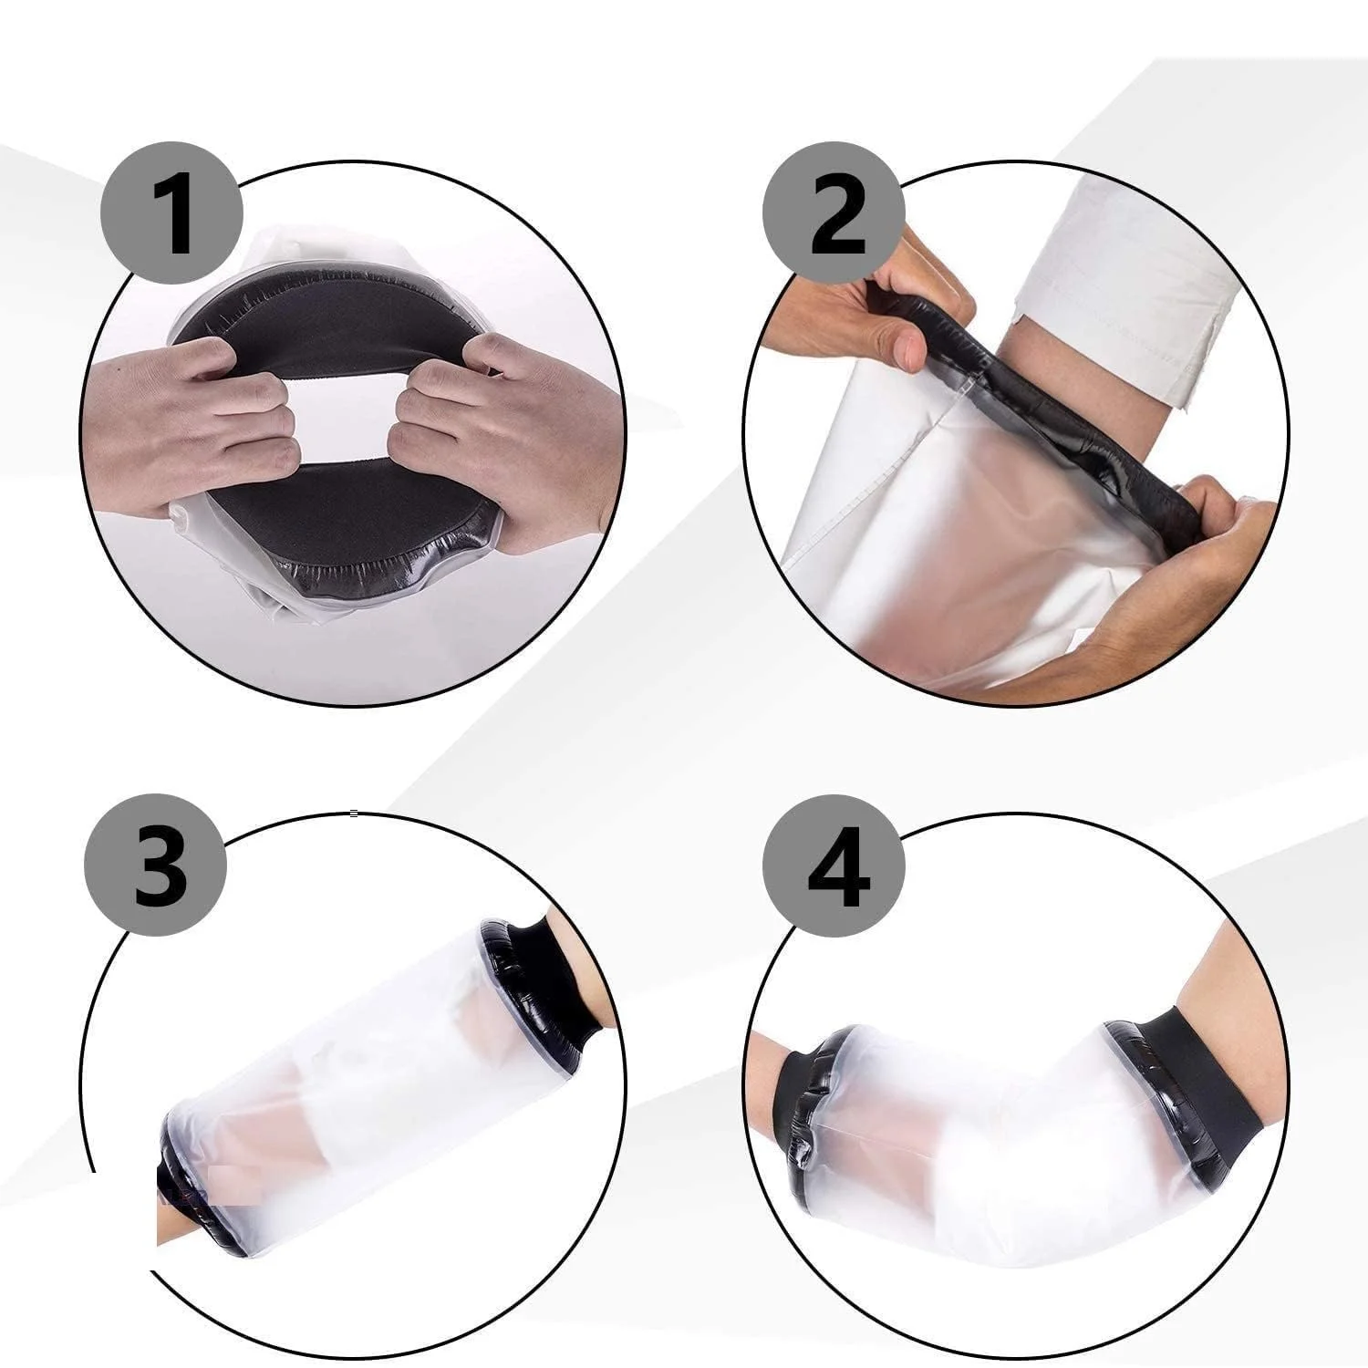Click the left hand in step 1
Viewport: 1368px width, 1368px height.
tap(196, 420)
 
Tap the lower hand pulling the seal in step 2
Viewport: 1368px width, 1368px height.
tap(1176, 584)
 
